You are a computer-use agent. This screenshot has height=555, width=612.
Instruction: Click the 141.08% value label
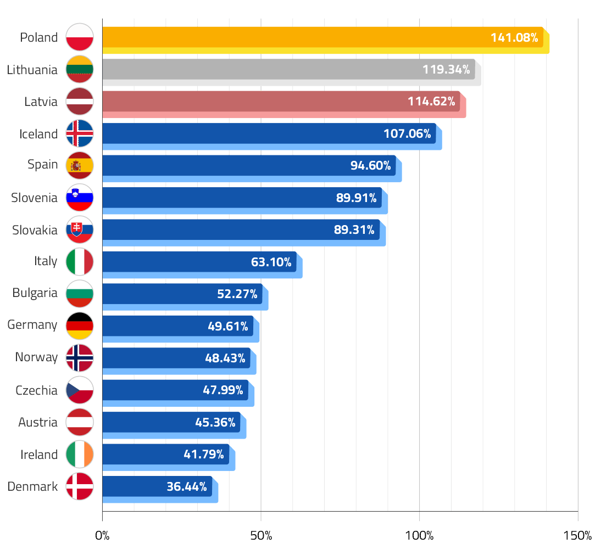(x=514, y=38)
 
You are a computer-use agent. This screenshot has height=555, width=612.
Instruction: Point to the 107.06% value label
(x=407, y=133)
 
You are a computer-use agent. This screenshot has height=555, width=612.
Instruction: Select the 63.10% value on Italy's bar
(x=271, y=262)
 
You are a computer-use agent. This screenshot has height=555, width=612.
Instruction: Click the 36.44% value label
(x=186, y=486)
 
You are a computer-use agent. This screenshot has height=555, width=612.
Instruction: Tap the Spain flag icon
(x=80, y=165)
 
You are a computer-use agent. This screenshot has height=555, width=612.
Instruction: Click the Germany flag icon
(x=80, y=326)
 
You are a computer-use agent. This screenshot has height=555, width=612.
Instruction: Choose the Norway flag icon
(x=80, y=358)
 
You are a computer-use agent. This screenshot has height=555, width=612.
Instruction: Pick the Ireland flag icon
(x=80, y=455)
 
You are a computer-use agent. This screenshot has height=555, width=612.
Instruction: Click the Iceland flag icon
(x=80, y=133)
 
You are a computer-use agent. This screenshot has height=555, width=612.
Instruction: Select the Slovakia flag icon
(x=80, y=230)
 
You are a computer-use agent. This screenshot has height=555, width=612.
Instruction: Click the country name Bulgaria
(x=35, y=293)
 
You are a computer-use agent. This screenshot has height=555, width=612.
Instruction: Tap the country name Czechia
(x=36, y=390)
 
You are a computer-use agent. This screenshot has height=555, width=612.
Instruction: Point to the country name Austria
(x=37, y=422)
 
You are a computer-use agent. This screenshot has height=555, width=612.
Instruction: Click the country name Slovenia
(x=34, y=198)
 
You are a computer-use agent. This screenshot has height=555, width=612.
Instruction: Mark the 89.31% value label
(x=354, y=230)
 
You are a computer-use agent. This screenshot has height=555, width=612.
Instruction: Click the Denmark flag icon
(x=80, y=486)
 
